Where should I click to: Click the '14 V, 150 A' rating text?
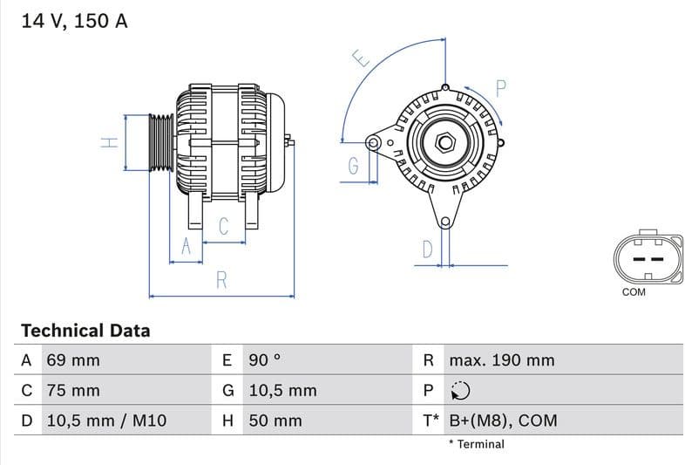(74, 22)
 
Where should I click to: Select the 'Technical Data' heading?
(85, 331)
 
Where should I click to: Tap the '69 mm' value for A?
(72, 360)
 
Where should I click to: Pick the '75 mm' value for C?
(72, 391)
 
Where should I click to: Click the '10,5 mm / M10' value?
(105, 421)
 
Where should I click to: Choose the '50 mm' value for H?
(275, 421)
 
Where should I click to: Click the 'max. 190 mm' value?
(501, 360)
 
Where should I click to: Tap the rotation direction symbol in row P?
(460, 391)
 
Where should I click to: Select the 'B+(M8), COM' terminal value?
(502, 421)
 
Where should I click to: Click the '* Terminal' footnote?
(476, 444)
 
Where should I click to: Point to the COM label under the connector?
(634, 292)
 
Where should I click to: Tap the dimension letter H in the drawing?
(109, 142)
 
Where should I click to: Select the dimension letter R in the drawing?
(221, 280)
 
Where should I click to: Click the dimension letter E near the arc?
(361, 58)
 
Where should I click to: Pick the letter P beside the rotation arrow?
(500, 87)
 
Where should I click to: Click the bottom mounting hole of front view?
(445, 222)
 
